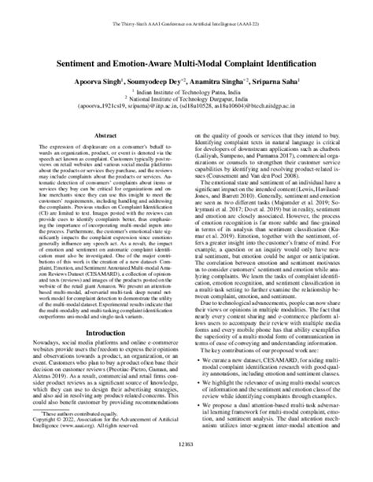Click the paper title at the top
tap(186, 60)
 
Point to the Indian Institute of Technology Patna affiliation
tap(186, 92)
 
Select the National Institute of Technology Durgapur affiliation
tap(186, 100)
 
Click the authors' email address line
tap(186, 109)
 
